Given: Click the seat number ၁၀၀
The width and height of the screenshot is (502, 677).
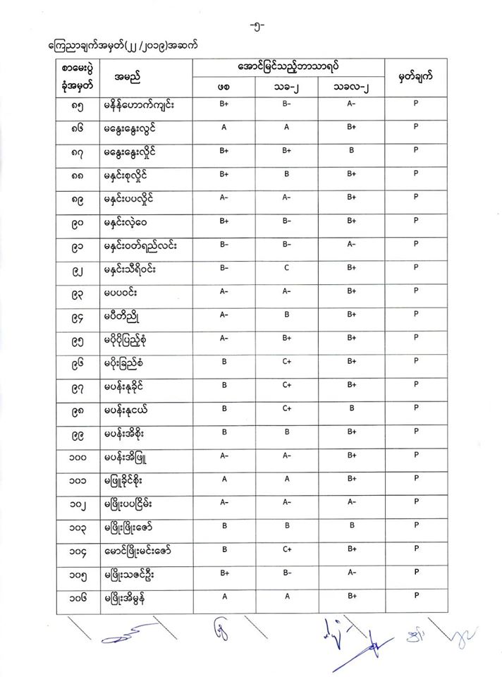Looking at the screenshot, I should [78, 456].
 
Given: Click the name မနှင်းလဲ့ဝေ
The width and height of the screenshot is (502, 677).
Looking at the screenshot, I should [132, 220].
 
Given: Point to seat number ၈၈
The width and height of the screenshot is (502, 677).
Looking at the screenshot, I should [78, 173].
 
